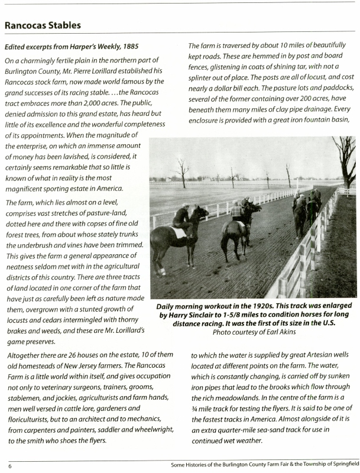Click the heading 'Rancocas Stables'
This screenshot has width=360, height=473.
coord(43,25)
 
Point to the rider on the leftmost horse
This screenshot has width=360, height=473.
coord(181,216)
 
